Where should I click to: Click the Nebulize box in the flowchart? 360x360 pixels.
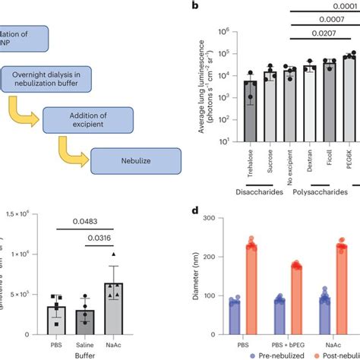pyautogui.click(x=135, y=160)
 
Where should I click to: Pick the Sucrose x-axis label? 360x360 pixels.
pyautogui.click(x=270, y=159)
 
